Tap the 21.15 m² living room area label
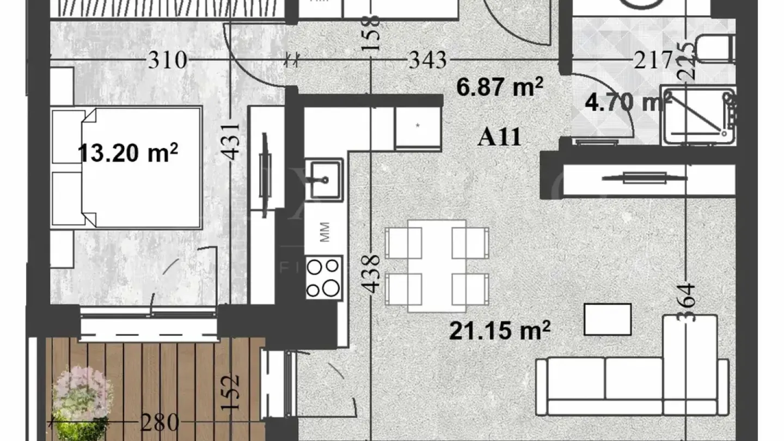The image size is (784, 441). point(499,330)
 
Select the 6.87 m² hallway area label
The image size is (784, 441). point(499,87)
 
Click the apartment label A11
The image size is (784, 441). point(499,138)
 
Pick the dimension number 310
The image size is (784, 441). point(168,60)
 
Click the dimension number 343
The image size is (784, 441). point(428,60)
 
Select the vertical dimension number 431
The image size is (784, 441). point(232,140)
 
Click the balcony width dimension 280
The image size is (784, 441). point(160,422)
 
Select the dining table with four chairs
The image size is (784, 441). point(437,265)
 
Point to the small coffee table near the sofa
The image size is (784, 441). point(608,319)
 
